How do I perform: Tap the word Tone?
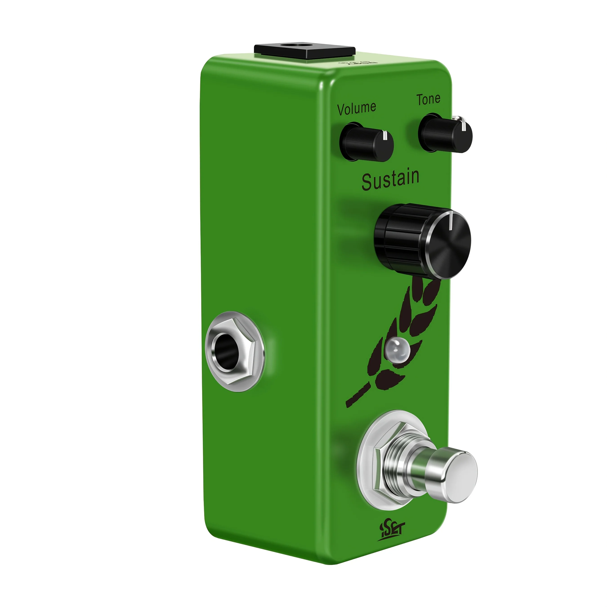[428, 99]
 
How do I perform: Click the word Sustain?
[390, 180]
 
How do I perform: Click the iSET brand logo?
[391, 532]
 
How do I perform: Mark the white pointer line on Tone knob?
[464, 127]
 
